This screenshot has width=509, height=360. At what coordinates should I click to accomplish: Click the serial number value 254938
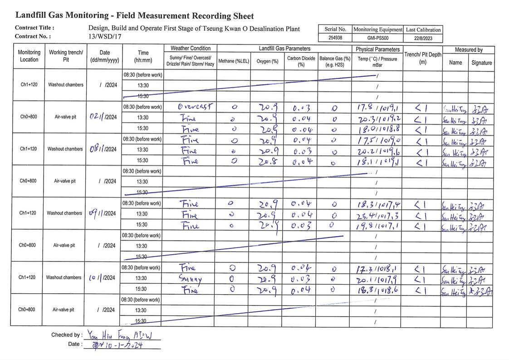click(335, 38)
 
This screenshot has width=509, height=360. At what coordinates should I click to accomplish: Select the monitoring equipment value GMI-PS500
click(377, 38)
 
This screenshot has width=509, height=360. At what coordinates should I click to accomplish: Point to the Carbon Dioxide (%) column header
click(301, 61)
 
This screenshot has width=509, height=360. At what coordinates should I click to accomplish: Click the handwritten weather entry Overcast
click(195, 107)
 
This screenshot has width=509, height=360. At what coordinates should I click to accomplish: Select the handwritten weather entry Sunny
click(191, 278)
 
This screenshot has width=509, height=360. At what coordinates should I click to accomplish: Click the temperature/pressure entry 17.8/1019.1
click(378, 108)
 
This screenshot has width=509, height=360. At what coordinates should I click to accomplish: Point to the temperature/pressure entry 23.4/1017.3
click(378, 214)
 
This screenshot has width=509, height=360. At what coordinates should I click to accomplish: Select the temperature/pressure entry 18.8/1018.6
click(378, 289)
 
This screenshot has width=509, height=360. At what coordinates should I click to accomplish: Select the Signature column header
click(481, 63)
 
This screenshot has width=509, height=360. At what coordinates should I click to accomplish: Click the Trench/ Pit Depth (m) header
click(422, 58)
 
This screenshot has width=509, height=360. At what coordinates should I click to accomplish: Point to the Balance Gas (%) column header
click(335, 61)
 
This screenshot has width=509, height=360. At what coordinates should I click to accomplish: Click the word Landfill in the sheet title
click(32, 15)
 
